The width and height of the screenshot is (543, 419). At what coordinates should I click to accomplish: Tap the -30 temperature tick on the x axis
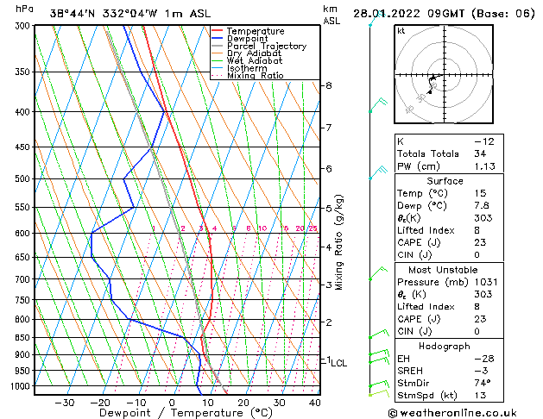pos(64,403)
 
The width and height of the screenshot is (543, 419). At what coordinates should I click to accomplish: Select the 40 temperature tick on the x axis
pos(314,403)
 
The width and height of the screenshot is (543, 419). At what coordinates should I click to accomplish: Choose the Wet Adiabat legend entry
pos(255,61)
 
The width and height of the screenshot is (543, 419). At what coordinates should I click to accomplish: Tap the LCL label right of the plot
pos(339,364)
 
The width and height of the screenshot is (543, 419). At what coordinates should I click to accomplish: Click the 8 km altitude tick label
pos(329,85)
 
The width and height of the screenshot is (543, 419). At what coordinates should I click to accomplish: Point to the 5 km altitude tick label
pos(329,209)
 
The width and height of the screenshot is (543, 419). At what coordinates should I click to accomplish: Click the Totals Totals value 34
pos(480,154)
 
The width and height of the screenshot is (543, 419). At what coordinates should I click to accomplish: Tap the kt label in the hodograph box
pos(401,31)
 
